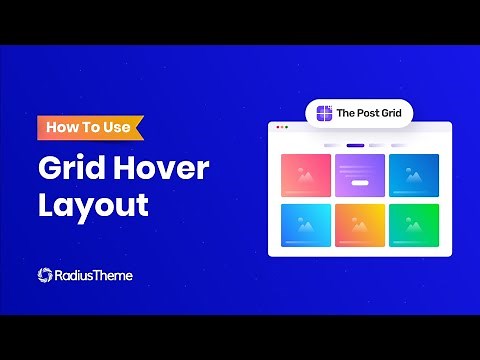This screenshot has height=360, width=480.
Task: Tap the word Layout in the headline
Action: point(93,205)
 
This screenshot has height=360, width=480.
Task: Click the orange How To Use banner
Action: point(90,128)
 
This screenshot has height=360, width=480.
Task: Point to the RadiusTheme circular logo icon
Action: point(45,275)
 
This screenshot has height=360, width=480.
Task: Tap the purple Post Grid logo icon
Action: point(323,113)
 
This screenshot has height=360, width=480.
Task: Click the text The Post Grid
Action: point(368,113)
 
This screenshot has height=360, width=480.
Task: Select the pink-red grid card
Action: point(305,175)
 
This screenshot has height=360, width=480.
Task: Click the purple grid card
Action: point(359,175)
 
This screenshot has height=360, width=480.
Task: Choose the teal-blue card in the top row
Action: point(413,175)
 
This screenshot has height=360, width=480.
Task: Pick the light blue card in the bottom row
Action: point(305,225)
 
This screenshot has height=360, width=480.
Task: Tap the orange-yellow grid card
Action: point(359,225)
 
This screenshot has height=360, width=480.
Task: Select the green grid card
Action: point(413,225)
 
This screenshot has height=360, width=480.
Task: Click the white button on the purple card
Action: point(359,183)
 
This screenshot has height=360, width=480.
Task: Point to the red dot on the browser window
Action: point(276,127)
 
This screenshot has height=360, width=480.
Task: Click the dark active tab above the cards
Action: point(355,145)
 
